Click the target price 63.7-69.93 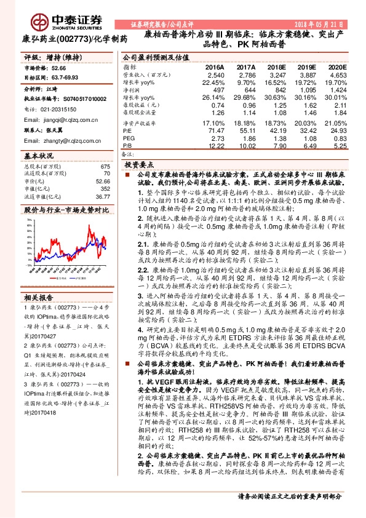tap(67, 78)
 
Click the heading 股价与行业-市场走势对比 tap(61, 210)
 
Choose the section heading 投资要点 tap(138, 165)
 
